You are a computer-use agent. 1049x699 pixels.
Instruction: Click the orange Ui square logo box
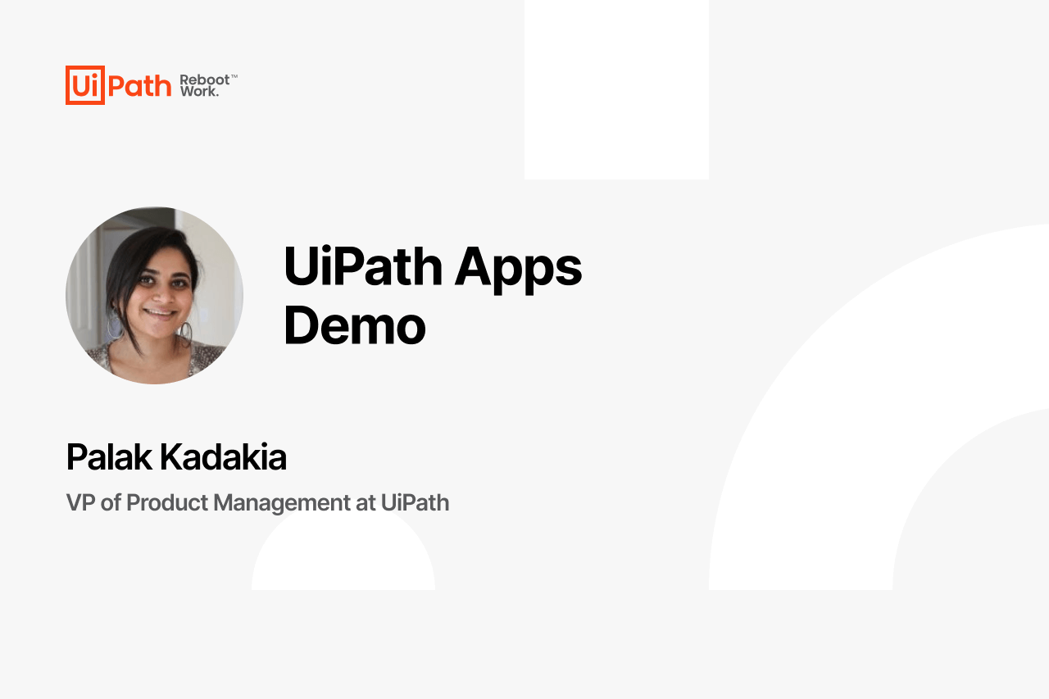[x=84, y=84]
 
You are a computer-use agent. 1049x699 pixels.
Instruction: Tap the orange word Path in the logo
[x=140, y=86]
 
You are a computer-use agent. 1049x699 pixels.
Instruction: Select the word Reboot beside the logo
[x=205, y=79]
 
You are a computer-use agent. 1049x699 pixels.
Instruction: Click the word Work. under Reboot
[x=199, y=91]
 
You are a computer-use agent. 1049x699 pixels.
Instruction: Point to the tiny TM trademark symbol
[x=234, y=75]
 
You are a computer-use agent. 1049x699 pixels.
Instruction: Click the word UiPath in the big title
[x=363, y=266]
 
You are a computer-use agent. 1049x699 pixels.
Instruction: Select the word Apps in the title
[x=519, y=270]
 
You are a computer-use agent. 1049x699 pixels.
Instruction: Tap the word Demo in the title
[x=355, y=325]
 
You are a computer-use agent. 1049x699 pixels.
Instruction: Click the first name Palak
[x=109, y=456]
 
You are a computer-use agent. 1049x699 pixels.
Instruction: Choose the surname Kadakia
[x=224, y=456]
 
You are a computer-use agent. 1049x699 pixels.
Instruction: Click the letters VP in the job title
[x=80, y=502]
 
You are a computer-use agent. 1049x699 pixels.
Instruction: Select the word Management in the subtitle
[x=282, y=504]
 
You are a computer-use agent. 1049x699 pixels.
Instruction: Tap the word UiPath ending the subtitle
[x=415, y=502]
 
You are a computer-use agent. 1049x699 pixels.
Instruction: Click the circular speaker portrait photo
[x=155, y=296]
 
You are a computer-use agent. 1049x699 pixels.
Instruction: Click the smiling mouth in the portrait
[x=160, y=313]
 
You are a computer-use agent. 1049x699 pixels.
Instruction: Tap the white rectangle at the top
[x=616, y=89]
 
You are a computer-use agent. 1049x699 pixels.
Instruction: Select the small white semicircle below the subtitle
[x=343, y=550]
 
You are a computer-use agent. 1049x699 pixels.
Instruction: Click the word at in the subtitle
[x=366, y=503]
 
